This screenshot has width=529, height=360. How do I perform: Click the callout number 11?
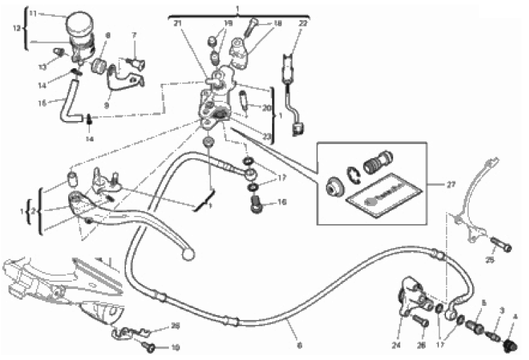coord(32,13)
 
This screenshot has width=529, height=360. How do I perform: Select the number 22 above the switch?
coord(302,24)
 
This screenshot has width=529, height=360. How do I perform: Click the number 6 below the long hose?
coord(300,345)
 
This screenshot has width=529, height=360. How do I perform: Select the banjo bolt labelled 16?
coord(257,203)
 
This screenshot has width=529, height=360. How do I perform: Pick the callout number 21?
coord(177,24)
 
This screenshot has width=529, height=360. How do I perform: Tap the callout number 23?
coord(266,136)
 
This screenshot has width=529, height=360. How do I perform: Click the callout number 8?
coord(108,34)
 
